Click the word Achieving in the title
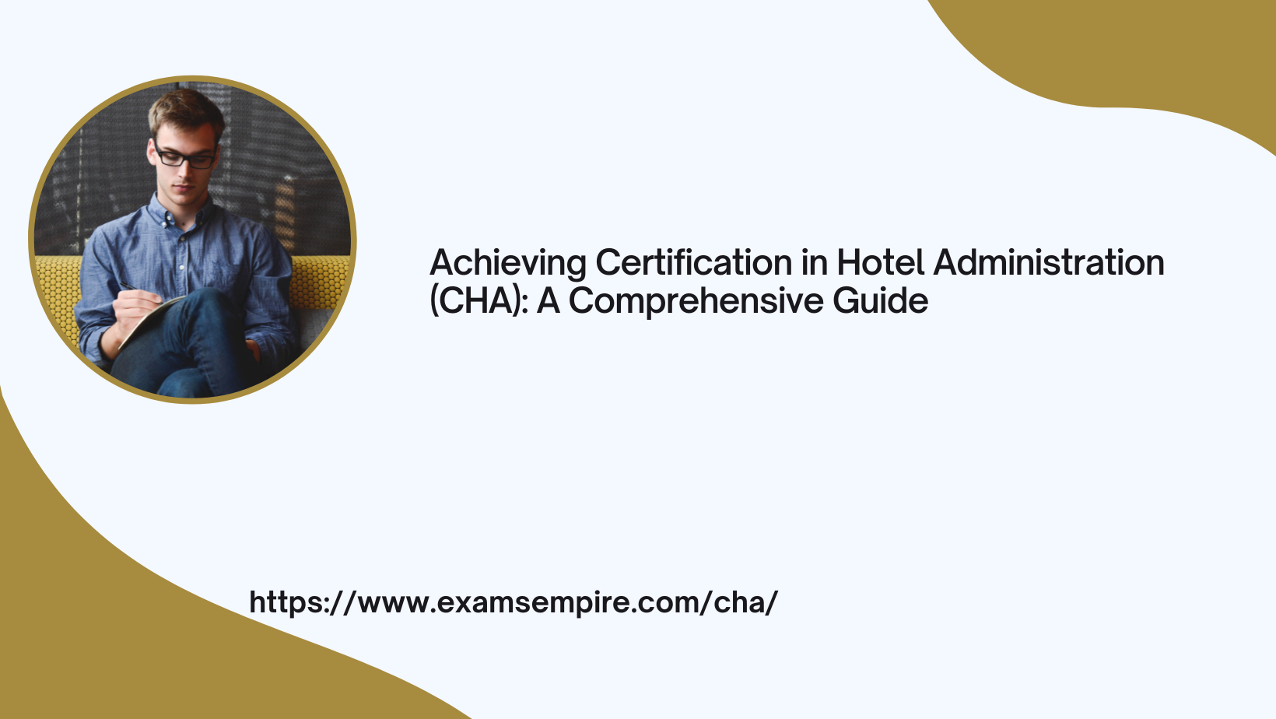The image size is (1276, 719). click(x=508, y=264)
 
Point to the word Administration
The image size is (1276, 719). click(x=1049, y=262)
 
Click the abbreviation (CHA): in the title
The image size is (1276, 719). click(x=479, y=301)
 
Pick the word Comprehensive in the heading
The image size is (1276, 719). click(x=696, y=302)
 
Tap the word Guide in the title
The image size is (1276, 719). click(x=881, y=300)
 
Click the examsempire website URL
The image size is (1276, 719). click(x=514, y=602)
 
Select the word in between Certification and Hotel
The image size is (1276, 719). click(x=815, y=262)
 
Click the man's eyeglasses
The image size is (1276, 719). click(x=185, y=156)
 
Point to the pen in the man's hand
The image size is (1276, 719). click(x=137, y=290)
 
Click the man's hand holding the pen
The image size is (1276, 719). click(x=134, y=310)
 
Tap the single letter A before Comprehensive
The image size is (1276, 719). click(x=548, y=300)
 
